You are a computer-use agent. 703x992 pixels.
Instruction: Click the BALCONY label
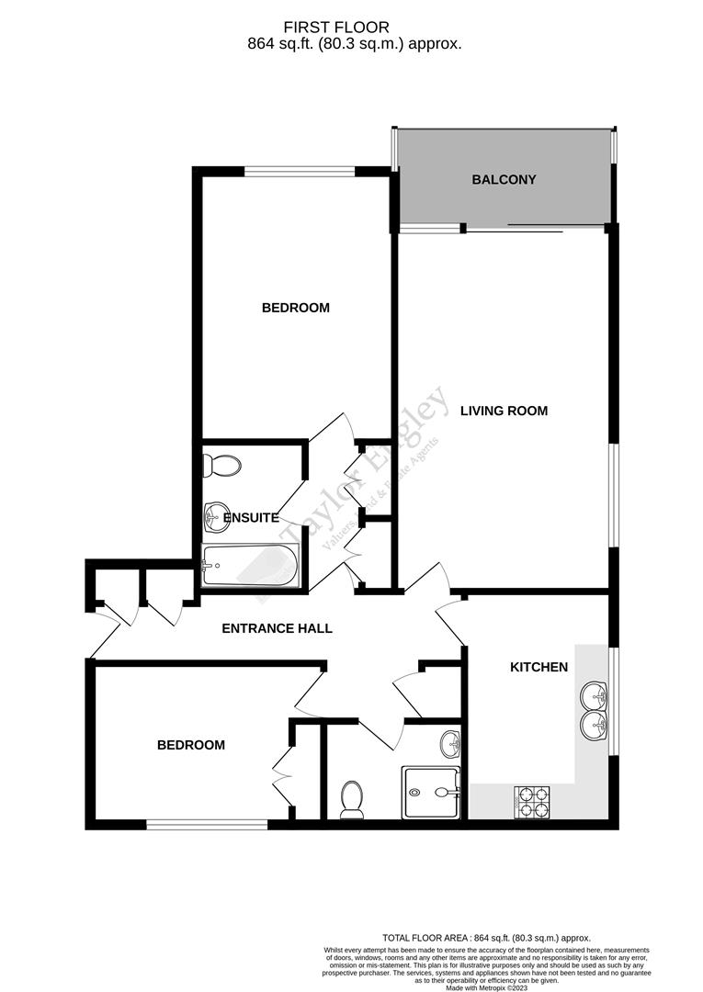pyautogui.click(x=504, y=180)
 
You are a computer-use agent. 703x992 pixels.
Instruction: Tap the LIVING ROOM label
pyautogui.click(x=504, y=411)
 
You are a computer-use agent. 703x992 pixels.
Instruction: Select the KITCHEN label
pyautogui.click(x=539, y=667)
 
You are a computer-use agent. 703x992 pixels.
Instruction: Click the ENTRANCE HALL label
pyautogui.click(x=277, y=629)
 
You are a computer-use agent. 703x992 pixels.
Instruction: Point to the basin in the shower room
pyautogui.click(x=449, y=741)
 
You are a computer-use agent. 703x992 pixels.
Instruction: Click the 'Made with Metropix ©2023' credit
pyautogui.click(x=487, y=987)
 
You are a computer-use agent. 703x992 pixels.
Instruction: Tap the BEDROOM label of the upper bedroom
pyautogui.click(x=295, y=308)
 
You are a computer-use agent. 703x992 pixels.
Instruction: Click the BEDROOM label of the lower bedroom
pyautogui.click(x=190, y=745)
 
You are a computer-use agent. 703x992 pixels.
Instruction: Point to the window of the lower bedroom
pyautogui.click(x=207, y=825)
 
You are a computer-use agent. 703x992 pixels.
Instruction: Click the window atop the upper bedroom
pyautogui.click(x=300, y=170)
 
